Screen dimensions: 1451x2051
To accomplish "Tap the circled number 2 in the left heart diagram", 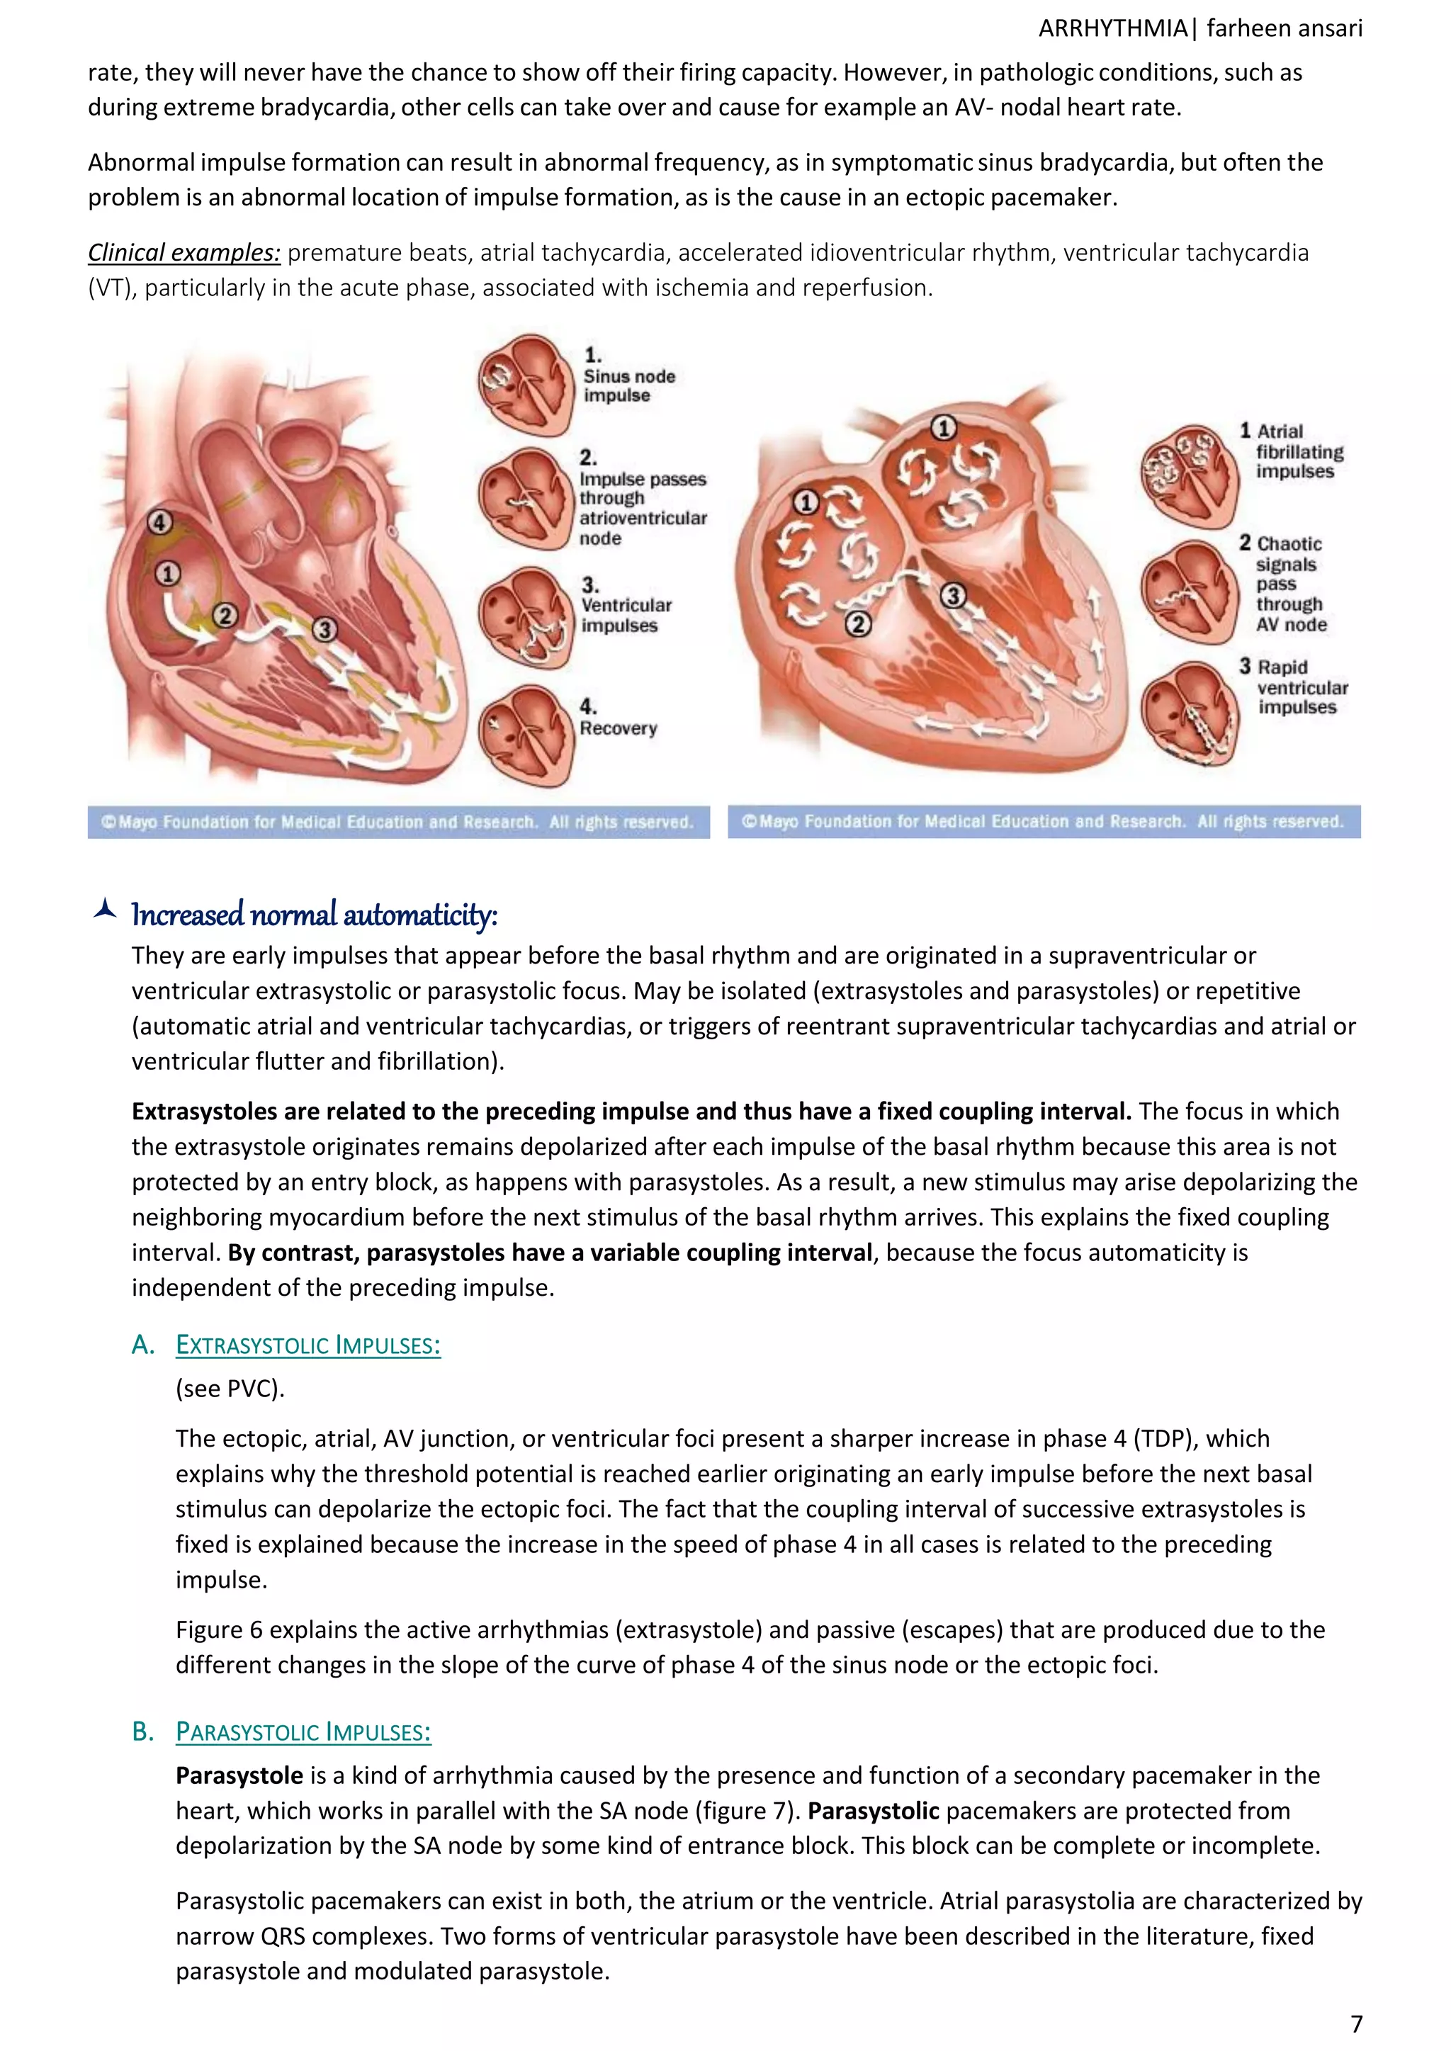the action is (225, 616).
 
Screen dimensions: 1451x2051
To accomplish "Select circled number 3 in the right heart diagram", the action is (954, 596).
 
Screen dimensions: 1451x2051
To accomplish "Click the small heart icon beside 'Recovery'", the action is (526, 734).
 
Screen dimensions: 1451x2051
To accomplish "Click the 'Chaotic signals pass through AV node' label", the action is (1290, 584).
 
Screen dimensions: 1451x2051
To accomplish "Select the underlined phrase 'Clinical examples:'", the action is (184, 253).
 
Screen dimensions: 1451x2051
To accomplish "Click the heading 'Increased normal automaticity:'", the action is (314, 915).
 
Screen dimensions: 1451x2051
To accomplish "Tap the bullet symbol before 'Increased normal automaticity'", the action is (106, 910).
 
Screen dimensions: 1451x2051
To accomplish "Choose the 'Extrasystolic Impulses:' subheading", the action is (307, 1345).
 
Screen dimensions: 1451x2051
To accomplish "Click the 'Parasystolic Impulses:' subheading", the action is (303, 1732).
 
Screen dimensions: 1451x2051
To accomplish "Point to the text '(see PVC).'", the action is (230, 1389).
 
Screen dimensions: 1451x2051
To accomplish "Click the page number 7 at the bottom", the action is (1355, 2023).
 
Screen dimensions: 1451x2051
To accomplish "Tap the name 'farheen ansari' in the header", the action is (1284, 28).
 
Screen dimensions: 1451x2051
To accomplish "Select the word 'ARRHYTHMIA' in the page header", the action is (1112, 28).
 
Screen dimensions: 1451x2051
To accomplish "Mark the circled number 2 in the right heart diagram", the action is (858, 624).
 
